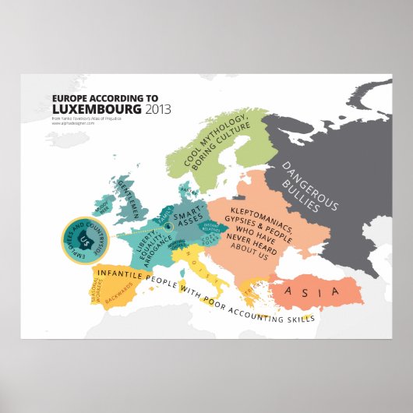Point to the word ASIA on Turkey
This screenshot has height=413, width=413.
tap(312, 292)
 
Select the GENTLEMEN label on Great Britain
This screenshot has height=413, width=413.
tap(133, 196)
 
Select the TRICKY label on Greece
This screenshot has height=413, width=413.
tap(250, 294)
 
